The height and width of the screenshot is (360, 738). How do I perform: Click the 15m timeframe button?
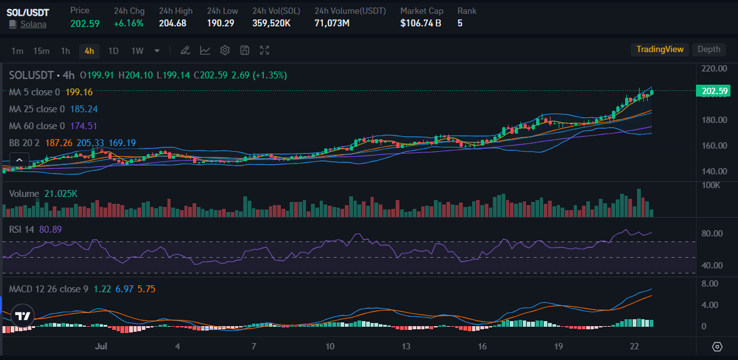click(x=41, y=51)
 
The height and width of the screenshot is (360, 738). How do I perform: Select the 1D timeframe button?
click(x=113, y=51)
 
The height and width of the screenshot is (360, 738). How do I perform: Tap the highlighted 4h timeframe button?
click(x=89, y=51)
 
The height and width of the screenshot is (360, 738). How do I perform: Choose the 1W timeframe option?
click(x=137, y=51)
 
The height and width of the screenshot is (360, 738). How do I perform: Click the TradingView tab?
click(x=660, y=50)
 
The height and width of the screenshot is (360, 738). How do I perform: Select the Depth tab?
click(x=709, y=50)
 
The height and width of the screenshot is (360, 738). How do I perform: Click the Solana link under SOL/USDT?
click(x=33, y=24)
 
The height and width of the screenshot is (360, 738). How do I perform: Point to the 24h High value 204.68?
click(x=172, y=23)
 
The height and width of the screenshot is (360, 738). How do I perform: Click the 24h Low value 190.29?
click(x=221, y=23)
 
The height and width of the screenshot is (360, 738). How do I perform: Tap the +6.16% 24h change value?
click(x=129, y=23)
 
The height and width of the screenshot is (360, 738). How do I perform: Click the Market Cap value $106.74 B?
click(x=420, y=23)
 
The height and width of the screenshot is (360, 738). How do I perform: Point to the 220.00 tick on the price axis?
click(x=714, y=68)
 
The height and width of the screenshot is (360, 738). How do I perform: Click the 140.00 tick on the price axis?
click(x=714, y=171)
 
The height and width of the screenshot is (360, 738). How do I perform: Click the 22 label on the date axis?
click(x=635, y=346)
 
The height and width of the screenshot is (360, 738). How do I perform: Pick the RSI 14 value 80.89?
click(x=50, y=230)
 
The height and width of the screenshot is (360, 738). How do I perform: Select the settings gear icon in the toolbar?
click(x=225, y=51)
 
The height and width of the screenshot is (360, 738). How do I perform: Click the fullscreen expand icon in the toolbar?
click(x=265, y=51)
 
